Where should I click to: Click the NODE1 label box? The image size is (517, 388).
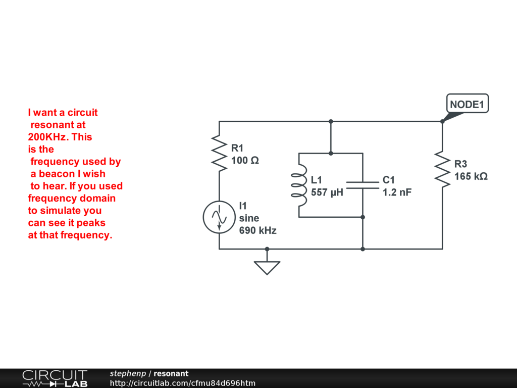[x=467, y=104]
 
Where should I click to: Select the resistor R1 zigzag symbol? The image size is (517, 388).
[x=219, y=153]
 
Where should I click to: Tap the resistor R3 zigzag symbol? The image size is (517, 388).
[x=442, y=169]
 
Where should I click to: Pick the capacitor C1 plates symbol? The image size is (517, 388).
[x=363, y=185]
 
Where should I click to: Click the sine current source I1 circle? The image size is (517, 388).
[x=219, y=217]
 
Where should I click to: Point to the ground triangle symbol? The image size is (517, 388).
[x=267, y=267]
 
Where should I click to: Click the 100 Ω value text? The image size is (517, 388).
[x=245, y=160]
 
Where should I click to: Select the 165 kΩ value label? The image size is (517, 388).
[x=471, y=176]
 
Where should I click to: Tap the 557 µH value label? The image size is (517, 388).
[x=327, y=192]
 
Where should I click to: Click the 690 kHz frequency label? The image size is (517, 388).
[x=257, y=230]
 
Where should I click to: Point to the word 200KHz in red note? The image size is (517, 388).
[x=46, y=137]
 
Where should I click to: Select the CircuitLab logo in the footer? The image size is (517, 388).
[x=55, y=378]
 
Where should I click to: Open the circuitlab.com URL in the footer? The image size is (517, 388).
[x=182, y=383]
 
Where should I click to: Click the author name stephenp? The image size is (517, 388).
[x=128, y=373]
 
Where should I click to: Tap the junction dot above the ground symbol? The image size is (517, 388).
[x=267, y=249]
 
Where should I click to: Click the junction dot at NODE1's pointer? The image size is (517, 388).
[x=442, y=121]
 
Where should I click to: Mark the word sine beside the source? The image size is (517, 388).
[x=249, y=218]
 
